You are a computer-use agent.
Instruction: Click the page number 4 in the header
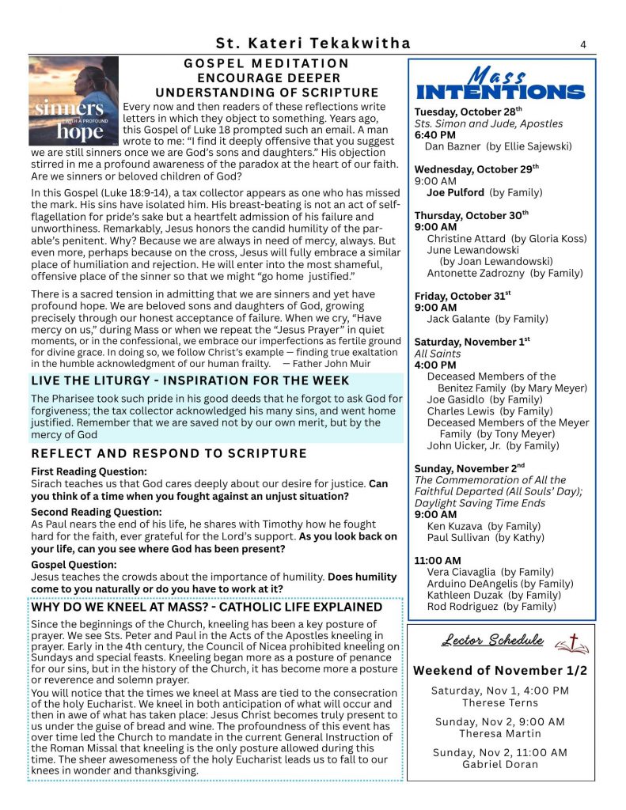click(x=582, y=44)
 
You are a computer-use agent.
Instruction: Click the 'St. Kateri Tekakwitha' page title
click(x=313, y=44)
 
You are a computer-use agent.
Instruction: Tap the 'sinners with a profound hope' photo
click(x=74, y=100)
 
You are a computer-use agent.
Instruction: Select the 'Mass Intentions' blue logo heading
click(x=500, y=83)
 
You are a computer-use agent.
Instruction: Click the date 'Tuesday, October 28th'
click(x=469, y=112)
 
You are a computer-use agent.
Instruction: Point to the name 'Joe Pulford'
click(x=455, y=192)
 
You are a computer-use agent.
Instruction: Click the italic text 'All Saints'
click(x=438, y=354)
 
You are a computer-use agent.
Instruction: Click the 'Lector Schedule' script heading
click(x=492, y=640)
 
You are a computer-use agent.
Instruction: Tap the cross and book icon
click(x=571, y=643)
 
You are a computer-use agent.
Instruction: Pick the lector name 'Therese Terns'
click(x=500, y=702)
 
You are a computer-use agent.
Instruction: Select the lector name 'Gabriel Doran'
click(x=500, y=764)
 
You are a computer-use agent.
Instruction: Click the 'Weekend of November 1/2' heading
click(x=500, y=671)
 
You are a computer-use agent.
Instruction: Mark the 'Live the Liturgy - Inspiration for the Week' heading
click(x=190, y=381)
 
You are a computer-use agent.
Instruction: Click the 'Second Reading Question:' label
click(x=97, y=512)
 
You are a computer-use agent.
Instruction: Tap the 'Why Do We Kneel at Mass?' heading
click(x=207, y=607)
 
